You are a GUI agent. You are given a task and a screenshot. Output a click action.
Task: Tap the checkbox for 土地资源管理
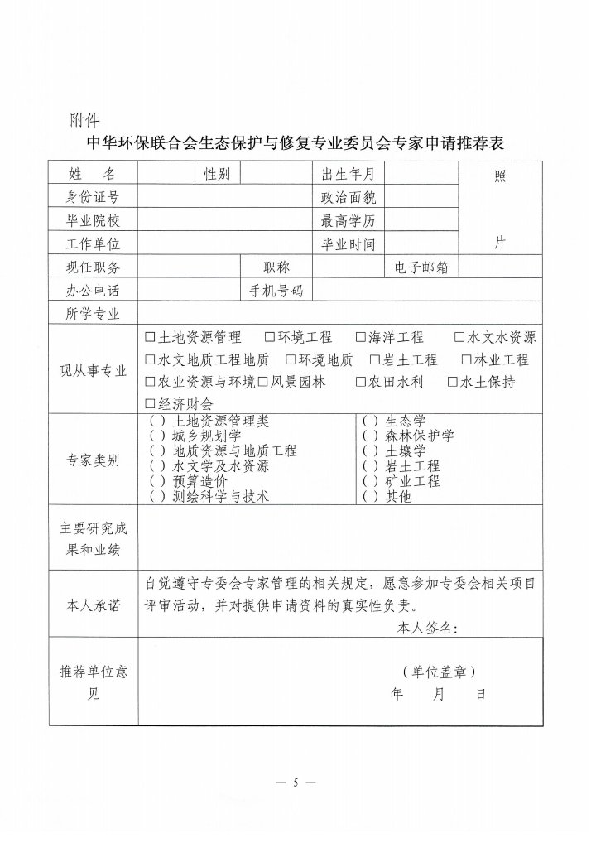coord(150,338)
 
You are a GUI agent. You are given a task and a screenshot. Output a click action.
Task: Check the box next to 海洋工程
coord(361,338)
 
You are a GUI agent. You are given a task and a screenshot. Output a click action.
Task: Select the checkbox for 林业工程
coord(468,360)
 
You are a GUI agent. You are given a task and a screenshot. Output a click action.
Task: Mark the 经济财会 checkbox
coord(150,404)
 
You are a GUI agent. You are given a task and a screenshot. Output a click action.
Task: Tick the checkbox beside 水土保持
coord(453,383)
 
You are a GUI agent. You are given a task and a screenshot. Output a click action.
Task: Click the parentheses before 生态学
coord(370,421)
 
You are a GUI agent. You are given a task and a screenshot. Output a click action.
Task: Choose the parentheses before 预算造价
coord(157,481)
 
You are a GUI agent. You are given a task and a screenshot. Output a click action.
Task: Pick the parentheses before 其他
coord(370,496)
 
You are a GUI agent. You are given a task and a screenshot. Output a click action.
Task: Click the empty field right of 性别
coord(275,174)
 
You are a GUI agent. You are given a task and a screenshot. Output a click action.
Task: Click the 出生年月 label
coord(348,174)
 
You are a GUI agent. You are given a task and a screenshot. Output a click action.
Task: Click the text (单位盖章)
coord(439,672)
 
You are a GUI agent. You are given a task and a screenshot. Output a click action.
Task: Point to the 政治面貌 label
coord(348,197)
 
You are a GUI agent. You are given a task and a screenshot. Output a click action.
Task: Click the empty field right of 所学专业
coord(339,314)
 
